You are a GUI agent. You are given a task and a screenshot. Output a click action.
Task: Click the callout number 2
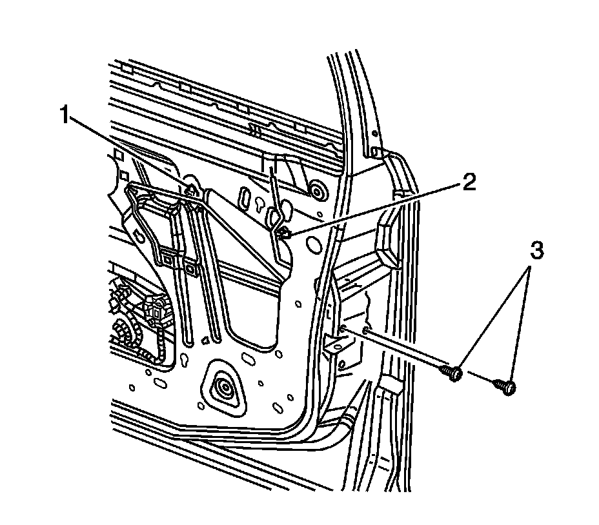click(469, 183)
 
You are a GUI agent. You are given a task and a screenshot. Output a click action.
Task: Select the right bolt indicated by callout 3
click(507, 387)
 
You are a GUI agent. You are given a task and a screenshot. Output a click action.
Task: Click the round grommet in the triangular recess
click(226, 388)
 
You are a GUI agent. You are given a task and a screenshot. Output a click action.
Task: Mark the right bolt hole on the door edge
click(366, 332)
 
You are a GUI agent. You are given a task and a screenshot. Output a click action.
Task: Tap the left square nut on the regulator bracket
click(168, 260)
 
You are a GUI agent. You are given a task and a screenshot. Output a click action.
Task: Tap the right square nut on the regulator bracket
click(191, 268)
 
